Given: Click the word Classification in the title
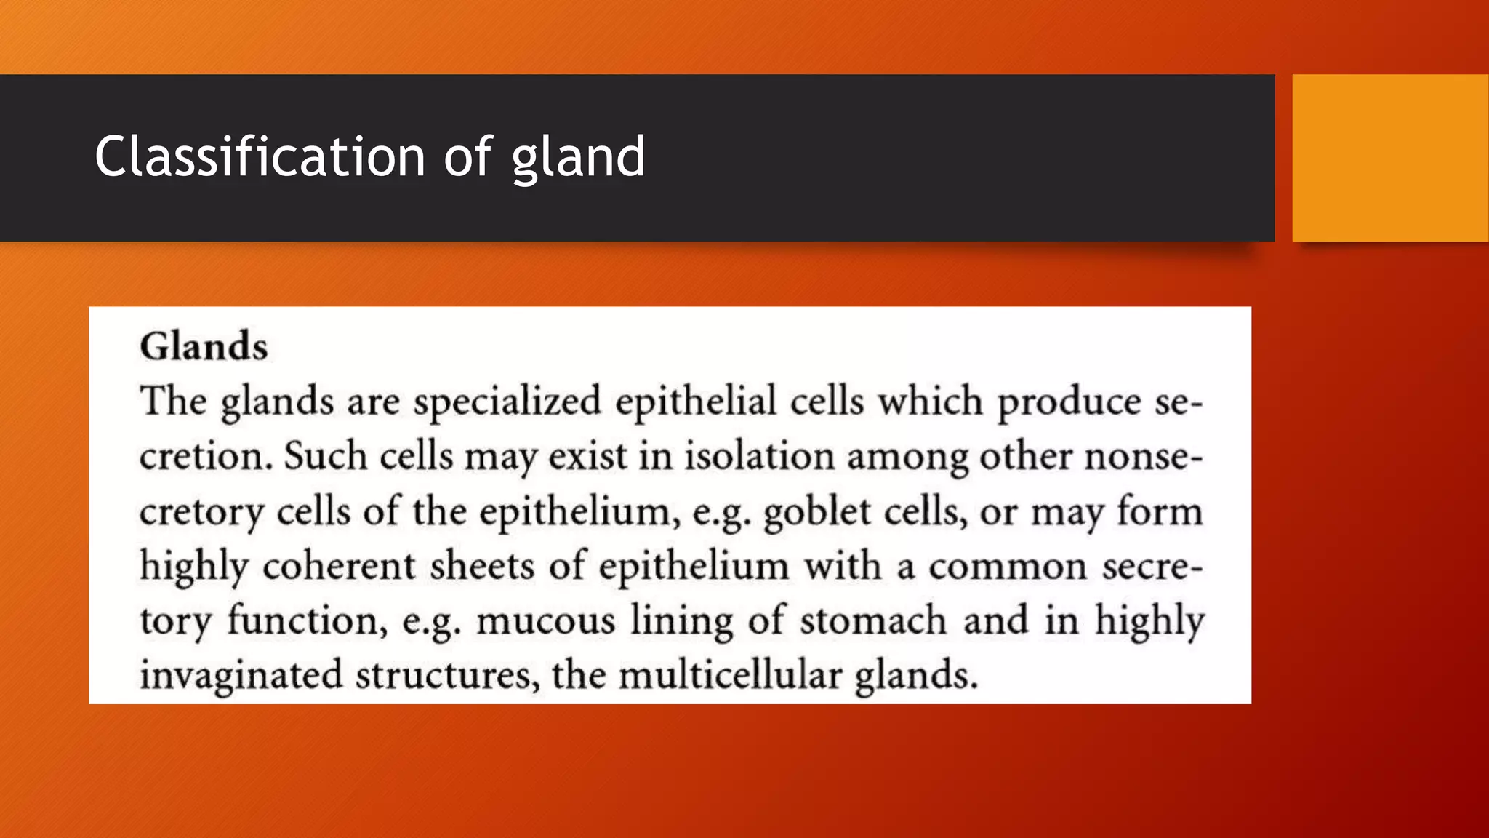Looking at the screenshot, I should pos(260,156).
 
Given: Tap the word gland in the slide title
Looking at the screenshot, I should pos(578,158).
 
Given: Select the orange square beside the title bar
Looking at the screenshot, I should pos(1390,157).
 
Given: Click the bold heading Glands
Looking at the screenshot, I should pos(204,346).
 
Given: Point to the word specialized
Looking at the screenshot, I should pos(507,402).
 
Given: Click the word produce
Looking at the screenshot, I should pos(1069,402).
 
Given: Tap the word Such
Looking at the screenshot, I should pos(326,456).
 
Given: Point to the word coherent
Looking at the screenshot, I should pos(339,566).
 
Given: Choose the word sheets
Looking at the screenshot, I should pos(482,566).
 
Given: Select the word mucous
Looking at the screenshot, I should pos(546,621).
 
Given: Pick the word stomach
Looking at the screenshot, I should pos(873,620).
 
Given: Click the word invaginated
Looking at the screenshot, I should pos(241,676).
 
